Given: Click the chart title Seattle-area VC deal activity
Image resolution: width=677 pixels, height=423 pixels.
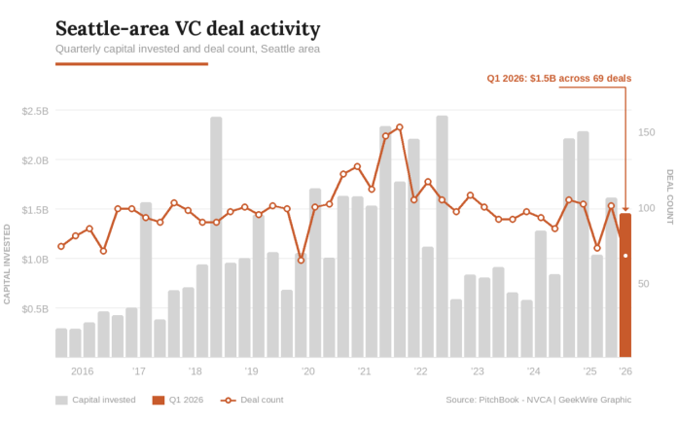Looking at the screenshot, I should (x=187, y=28).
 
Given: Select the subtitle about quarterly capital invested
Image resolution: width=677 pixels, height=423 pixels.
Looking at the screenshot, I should (x=187, y=49).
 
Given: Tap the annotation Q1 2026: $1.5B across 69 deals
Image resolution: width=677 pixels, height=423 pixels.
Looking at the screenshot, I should (x=558, y=77).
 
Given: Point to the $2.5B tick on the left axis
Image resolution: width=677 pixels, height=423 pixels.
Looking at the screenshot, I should (x=35, y=111).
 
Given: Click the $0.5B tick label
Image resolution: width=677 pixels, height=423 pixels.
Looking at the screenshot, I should (x=35, y=309).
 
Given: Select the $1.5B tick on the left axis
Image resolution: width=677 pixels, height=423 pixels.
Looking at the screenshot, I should (x=35, y=210).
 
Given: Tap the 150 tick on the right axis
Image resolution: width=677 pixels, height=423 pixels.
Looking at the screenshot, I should (x=646, y=130).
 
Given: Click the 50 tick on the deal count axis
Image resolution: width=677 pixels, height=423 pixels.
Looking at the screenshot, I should (x=645, y=284).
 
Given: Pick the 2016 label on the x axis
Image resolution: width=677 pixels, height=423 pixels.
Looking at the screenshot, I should (x=83, y=371).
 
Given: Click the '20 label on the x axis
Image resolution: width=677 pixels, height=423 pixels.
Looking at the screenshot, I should (x=308, y=371).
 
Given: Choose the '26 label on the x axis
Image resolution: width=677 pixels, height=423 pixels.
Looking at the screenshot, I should (x=625, y=371).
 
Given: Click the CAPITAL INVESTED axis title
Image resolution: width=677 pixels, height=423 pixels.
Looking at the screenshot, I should (x=8, y=264).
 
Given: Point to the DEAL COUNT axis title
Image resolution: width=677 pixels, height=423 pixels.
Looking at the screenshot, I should (x=669, y=196).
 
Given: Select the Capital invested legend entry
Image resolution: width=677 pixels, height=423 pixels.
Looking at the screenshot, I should (x=95, y=400).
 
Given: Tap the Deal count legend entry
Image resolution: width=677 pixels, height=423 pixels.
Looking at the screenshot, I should (x=252, y=400).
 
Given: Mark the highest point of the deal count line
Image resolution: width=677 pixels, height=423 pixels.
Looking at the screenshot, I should (x=400, y=127).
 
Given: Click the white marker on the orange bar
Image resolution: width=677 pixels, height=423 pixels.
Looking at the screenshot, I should (x=625, y=256).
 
